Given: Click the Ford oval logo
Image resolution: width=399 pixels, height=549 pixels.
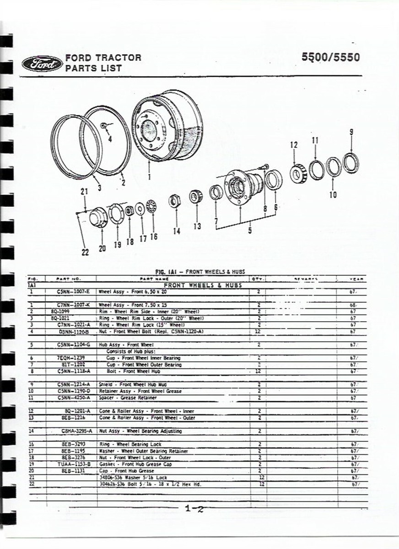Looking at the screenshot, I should [x=42, y=64].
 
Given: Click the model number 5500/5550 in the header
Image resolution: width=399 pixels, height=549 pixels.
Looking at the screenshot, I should [x=330, y=58].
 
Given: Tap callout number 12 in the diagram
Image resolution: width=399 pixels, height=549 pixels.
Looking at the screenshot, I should [x=294, y=145].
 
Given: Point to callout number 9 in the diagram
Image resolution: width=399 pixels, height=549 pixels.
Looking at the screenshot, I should [x=351, y=132].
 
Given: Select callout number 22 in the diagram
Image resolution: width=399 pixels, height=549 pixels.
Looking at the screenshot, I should [x=85, y=253].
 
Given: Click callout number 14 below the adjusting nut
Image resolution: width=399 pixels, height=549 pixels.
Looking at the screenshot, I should [x=177, y=231].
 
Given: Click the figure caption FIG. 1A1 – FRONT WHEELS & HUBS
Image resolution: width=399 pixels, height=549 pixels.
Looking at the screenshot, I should [x=200, y=271].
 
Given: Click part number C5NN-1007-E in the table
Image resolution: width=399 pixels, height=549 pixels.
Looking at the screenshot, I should [x=74, y=291].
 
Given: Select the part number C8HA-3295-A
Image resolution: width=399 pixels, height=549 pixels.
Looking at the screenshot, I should [x=77, y=431].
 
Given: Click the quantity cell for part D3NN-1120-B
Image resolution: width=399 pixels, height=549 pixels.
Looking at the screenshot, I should [x=259, y=331].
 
